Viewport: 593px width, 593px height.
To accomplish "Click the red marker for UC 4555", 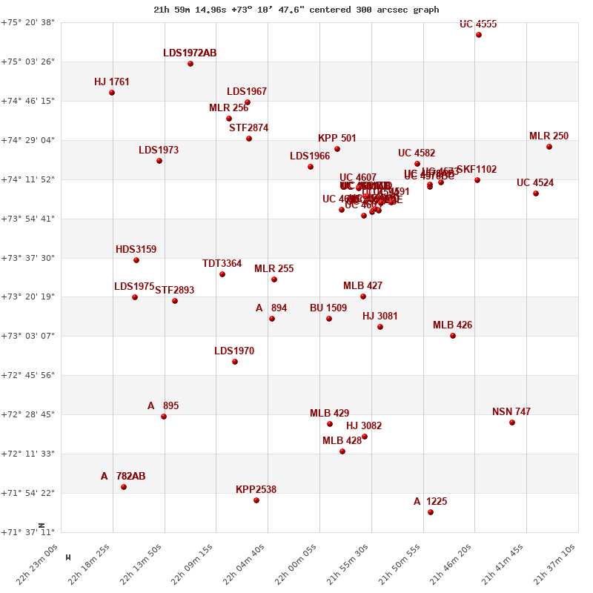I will point(479,35).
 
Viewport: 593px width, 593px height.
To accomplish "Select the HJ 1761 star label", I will point(112,82).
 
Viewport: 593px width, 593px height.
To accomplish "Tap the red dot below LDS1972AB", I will point(191,64).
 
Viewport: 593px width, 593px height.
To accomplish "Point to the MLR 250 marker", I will point(549,147).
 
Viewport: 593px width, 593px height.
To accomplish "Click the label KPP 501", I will point(337,139).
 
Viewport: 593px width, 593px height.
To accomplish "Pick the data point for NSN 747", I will point(512,423).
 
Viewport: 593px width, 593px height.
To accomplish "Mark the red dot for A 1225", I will point(431,512).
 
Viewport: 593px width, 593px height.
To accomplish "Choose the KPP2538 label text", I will point(256,490).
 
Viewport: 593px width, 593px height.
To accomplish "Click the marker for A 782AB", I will point(124,487).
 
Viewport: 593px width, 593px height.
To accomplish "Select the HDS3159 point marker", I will point(136,260).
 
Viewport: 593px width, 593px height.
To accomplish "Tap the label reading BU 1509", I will point(328,308).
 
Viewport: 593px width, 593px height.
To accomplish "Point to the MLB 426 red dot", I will point(453,336).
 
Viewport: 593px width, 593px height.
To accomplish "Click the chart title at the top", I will point(296,10).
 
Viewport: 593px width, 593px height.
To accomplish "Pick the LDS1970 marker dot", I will point(235,362).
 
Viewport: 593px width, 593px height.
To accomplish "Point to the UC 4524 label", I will point(535,183).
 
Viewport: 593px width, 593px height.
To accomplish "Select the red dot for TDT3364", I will point(222,274).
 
